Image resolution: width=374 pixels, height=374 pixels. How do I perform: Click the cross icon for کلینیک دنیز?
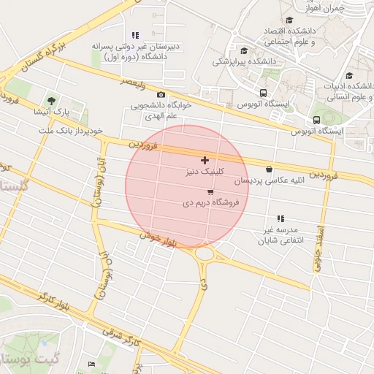[x=205, y=160]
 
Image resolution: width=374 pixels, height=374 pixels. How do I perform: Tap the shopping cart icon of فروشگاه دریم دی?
[x=210, y=193]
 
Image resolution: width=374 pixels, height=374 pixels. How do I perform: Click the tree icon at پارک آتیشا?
[x=50, y=101]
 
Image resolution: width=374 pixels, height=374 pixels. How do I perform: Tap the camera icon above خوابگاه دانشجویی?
[x=161, y=95]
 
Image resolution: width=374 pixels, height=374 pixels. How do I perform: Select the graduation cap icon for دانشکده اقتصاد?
[x=290, y=20]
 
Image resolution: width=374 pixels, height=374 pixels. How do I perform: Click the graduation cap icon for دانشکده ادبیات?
[x=349, y=75]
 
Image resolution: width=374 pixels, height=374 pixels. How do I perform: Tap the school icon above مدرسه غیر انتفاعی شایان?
[x=280, y=218]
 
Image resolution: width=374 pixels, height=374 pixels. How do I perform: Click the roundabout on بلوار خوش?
[x=204, y=254]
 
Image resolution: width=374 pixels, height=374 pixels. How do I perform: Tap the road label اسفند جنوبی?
[x=318, y=249]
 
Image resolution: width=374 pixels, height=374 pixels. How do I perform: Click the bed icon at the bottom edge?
[x=91, y=363]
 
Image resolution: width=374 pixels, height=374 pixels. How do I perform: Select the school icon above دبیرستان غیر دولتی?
[x=135, y=35]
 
